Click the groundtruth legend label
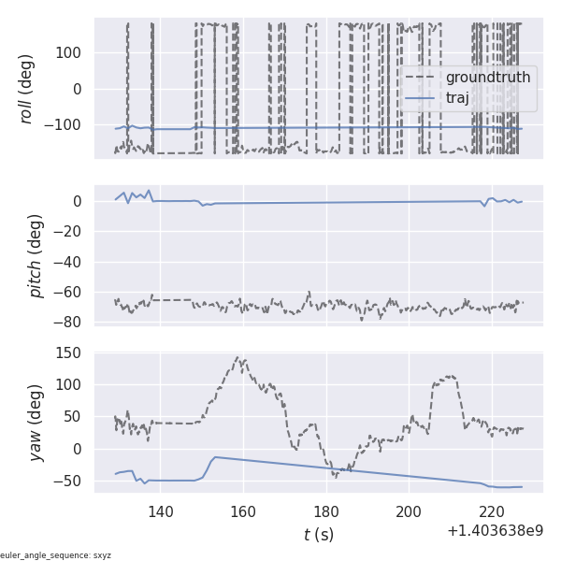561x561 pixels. point(488,77)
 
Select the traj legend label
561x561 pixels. point(470,97)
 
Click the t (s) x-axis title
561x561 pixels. point(319,535)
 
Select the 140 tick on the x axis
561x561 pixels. point(161,511)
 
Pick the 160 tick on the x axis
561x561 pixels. point(243,511)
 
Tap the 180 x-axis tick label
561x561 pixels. point(326,511)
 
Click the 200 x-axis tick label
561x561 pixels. point(409,511)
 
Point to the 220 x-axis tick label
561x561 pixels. point(492,511)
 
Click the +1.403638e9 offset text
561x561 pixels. point(495,531)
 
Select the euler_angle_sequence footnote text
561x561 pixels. point(56,555)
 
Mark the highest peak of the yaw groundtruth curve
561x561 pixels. point(240,356)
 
